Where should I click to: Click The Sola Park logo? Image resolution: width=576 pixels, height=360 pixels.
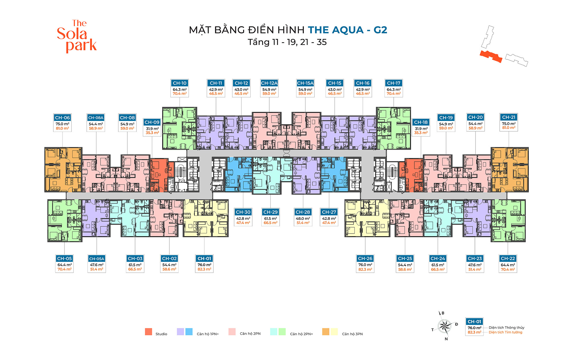coord(76,36)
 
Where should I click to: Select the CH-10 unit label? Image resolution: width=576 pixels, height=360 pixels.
coord(180,83)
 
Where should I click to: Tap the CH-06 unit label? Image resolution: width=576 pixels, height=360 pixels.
coord(62,118)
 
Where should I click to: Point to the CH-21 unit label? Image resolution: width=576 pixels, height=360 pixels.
coord(509,117)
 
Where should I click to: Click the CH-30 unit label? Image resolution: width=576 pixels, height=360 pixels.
coord(243,212)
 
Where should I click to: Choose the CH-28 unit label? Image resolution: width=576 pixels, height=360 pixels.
coord(303,212)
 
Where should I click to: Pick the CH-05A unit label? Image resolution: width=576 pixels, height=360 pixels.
coord(97,259)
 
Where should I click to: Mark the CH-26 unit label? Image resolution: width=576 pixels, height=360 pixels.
coord(365,258)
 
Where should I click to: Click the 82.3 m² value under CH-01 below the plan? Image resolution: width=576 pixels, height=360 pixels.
coord(204,269)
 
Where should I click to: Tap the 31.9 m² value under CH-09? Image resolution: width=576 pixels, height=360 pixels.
coord(152,129)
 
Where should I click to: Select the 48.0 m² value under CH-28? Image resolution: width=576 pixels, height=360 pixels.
coord(303,219)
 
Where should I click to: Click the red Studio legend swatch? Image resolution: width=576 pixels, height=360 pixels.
coord(149,332)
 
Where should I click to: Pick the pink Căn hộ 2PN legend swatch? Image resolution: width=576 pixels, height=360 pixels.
coord(232,332)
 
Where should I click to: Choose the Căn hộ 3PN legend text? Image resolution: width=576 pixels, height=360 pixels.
coord(352,334)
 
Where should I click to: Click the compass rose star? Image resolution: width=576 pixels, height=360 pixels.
coord(445,326)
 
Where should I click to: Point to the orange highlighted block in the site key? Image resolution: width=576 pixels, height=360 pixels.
coord(491,56)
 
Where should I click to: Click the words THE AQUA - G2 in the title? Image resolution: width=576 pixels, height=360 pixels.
coord(348,30)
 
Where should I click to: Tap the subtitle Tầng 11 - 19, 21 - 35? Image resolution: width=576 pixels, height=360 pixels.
coord(287,42)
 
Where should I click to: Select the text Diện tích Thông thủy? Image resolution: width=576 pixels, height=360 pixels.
coord(506,328)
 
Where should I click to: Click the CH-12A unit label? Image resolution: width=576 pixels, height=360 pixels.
coord(269,83)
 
